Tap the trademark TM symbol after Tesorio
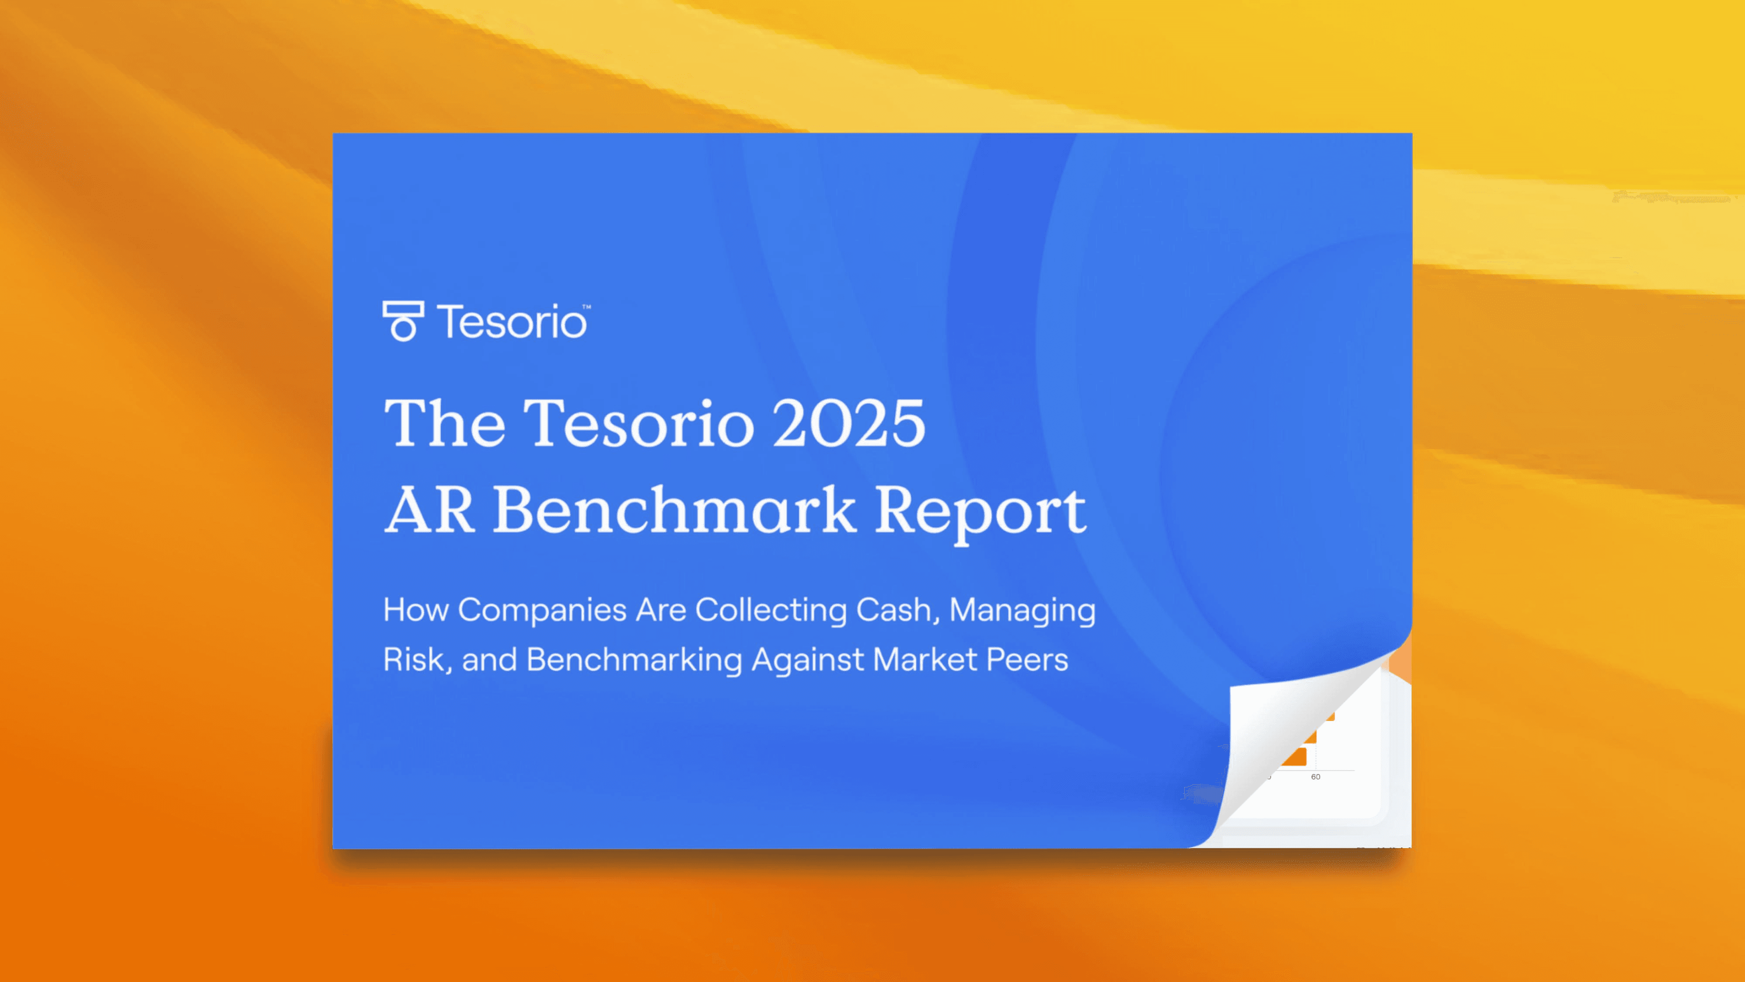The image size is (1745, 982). coord(587,307)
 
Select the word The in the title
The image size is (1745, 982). coord(444,424)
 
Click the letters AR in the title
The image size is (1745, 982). coord(429,510)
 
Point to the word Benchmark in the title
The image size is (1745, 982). coord(674,510)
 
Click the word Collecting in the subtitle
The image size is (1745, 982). coord(771,611)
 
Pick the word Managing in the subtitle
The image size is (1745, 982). coord(1022,611)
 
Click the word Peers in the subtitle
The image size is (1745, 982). coord(1027,659)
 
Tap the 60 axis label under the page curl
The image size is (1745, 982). coord(1316,777)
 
